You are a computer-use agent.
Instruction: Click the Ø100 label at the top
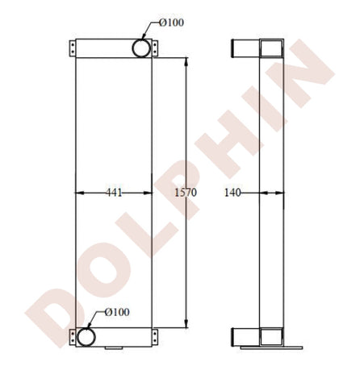pyautogui.click(x=171, y=23)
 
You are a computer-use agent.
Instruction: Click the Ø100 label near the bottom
pyautogui.click(x=117, y=312)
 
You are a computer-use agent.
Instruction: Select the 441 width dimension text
pyautogui.click(x=114, y=193)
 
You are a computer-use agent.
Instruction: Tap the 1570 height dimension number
pyautogui.click(x=186, y=193)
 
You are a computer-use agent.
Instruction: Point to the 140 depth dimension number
pyautogui.click(x=232, y=193)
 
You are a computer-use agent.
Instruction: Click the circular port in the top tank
pyautogui.click(x=141, y=48)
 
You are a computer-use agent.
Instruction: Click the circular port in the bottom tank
pyautogui.click(x=86, y=337)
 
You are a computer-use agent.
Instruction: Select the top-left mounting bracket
pyautogui.click(x=73, y=48)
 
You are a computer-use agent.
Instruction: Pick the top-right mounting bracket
pyautogui.click(x=155, y=48)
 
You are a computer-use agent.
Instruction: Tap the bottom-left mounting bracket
pyautogui.click(x=73, y=337)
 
